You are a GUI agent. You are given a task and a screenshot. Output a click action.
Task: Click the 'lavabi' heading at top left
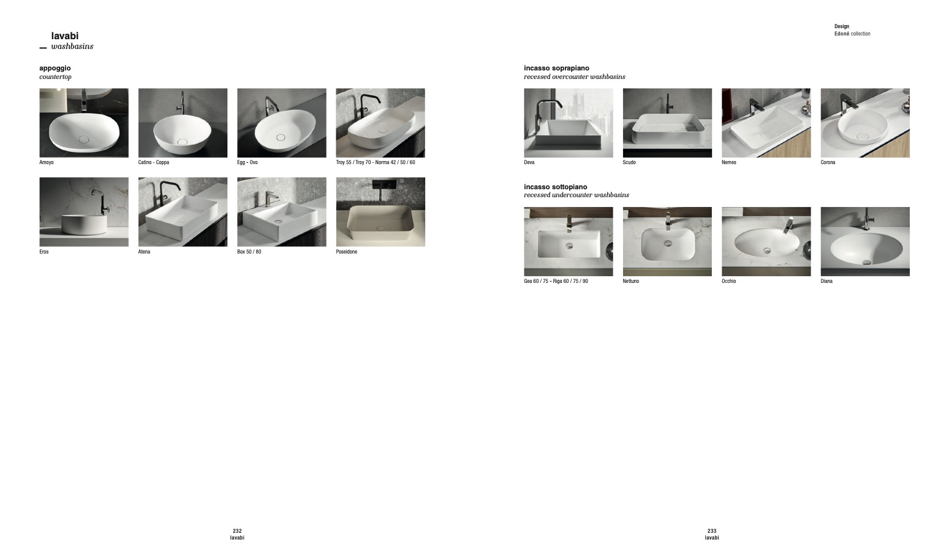(65, 36)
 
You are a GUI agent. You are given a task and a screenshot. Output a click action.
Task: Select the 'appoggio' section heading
(55, 68)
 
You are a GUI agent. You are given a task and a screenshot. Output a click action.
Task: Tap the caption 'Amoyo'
(47, 162)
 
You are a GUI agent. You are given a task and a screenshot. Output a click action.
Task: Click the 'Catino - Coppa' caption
(153, 162)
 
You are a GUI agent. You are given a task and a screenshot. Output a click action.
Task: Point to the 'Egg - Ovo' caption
(248, 162)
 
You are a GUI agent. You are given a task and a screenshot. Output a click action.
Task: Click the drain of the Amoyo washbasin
(84, 139)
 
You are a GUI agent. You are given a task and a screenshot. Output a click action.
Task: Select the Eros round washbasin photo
(84, 212)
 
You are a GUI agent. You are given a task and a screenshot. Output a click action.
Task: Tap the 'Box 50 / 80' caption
(249, 252)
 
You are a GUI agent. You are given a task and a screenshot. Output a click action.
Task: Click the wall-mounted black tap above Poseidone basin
(384, 184)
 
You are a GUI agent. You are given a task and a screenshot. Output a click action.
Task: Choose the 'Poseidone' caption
(347, 252)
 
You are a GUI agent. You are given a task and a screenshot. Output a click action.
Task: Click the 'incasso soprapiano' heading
(556, 68)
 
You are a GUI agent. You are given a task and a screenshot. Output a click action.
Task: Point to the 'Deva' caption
(529, 162)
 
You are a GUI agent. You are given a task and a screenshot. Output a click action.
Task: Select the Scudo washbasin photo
(667, 123)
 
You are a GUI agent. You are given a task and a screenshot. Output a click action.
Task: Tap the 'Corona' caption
(828, 162)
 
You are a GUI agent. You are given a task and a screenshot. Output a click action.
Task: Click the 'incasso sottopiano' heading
(556, 187)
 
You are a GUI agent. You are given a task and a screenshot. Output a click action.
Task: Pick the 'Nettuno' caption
(631, 281)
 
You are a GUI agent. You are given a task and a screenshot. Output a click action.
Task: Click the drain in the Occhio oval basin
(767, 250)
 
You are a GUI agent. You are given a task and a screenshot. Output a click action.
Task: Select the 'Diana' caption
(826, 281)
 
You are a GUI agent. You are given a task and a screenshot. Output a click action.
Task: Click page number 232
(237, 530)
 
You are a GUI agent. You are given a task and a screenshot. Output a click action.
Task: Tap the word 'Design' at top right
(842, 26)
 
